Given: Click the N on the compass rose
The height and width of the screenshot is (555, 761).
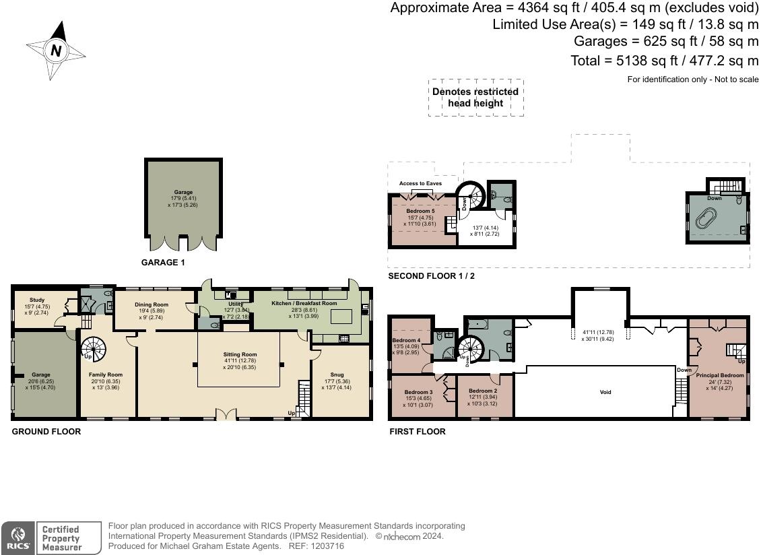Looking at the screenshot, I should (x=56, y=51).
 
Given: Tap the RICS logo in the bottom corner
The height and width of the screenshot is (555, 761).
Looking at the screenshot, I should (x=16, y=538).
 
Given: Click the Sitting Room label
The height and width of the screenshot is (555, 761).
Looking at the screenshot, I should (x=240, y=354).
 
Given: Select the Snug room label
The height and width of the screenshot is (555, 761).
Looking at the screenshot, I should (x=337, y=374).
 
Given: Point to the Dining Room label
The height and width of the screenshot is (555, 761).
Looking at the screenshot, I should (x=152, y=304).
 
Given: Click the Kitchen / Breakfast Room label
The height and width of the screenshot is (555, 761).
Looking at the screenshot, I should (x=304, y=303).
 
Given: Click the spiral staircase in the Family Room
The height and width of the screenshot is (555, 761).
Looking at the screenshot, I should (x=94, y=349).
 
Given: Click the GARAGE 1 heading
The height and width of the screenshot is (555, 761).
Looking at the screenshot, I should (x=162, y=263).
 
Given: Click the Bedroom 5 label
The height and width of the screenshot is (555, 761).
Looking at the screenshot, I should (x=420, y=211).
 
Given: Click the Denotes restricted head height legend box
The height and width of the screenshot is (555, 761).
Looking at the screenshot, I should (x=475, y=98).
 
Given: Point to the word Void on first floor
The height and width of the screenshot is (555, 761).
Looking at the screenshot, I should (x=605, y=392).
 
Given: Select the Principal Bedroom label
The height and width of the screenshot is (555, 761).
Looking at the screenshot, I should (x=720, y=375).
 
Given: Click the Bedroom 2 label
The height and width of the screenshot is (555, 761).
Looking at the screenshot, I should (x=483, y=391).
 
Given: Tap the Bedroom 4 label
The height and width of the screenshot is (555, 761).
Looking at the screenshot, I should (x=406, y=340).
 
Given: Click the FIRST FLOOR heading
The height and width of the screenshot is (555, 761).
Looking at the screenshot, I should (x=417, y=432).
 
